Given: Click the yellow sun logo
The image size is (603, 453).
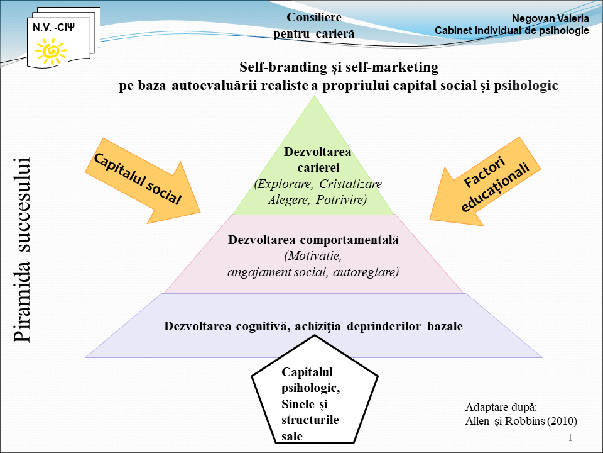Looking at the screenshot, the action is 51,51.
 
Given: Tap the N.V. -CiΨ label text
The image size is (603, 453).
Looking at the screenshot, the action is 53,27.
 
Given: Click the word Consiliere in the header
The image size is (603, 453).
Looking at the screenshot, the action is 314,17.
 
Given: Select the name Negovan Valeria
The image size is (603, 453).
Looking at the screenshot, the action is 550,18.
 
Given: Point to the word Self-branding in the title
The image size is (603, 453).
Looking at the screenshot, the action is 283,67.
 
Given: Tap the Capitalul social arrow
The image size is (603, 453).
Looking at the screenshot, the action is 143,181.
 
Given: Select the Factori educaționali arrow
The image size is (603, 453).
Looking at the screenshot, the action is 486,181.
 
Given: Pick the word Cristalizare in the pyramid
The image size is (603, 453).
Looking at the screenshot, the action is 350,184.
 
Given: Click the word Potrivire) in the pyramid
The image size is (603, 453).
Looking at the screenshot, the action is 342,200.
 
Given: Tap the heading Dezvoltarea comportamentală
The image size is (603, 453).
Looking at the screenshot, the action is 313,240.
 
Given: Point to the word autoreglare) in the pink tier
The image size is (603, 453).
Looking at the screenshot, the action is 366,272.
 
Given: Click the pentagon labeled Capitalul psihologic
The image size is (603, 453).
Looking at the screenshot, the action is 315,389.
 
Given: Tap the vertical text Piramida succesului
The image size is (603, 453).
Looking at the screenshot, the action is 21,250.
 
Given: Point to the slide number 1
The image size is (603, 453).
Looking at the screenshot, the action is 570,438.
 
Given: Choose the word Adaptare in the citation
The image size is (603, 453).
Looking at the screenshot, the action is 481,408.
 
